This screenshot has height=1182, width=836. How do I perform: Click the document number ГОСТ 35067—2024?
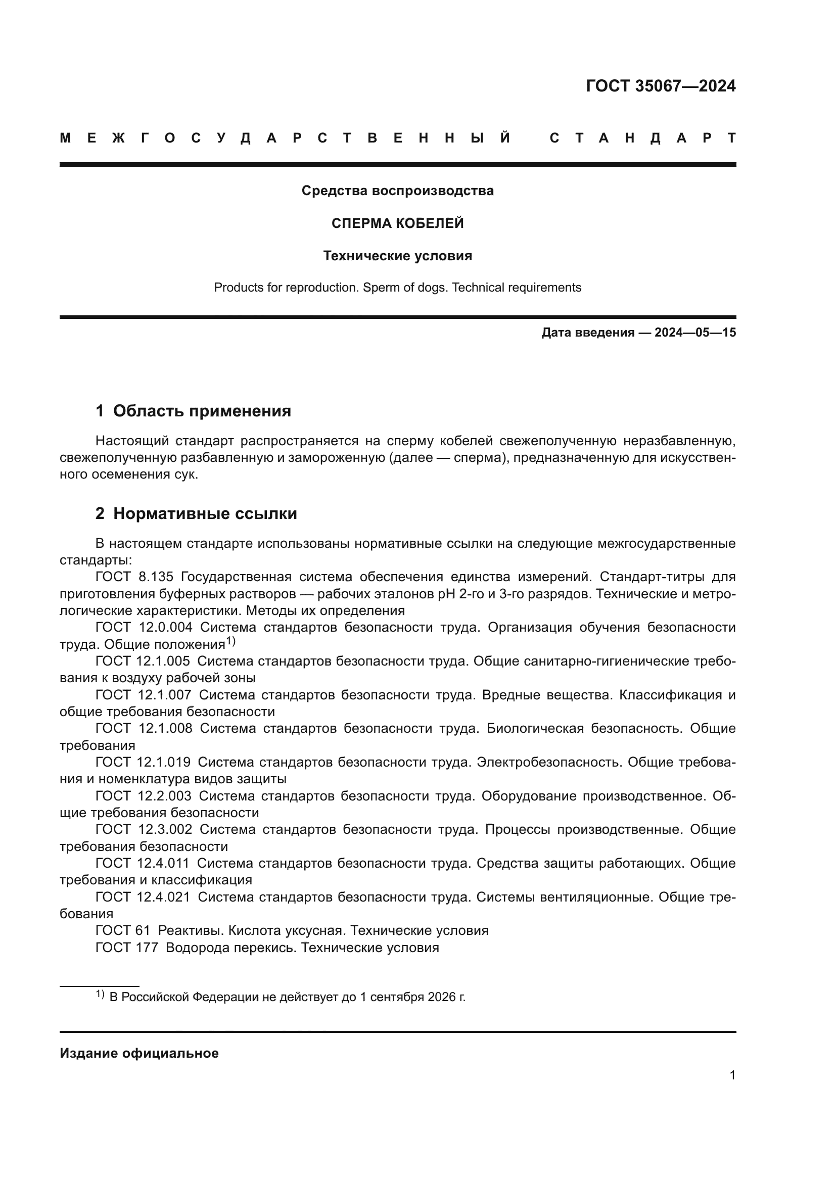(661, 86)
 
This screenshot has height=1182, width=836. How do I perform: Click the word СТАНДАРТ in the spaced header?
(642, 138)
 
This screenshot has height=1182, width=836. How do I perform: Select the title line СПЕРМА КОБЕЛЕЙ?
(397, 223)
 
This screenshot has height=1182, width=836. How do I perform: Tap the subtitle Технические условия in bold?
(397, 256)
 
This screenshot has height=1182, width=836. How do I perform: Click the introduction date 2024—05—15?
(695, 333)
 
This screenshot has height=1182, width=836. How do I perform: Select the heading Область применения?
(202, 411)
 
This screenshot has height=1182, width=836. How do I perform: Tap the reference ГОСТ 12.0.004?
(144, 627)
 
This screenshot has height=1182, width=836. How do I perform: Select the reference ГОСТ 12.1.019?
(143, 762)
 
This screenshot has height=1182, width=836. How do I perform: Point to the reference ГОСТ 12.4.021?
(143, 897)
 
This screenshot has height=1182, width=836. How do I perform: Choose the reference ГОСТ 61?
(122, 930)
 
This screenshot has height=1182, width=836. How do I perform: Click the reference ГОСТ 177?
(127, 947)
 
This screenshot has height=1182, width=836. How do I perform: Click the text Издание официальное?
(139, 1053)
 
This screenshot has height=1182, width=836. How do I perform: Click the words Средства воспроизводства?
(397, 191)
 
